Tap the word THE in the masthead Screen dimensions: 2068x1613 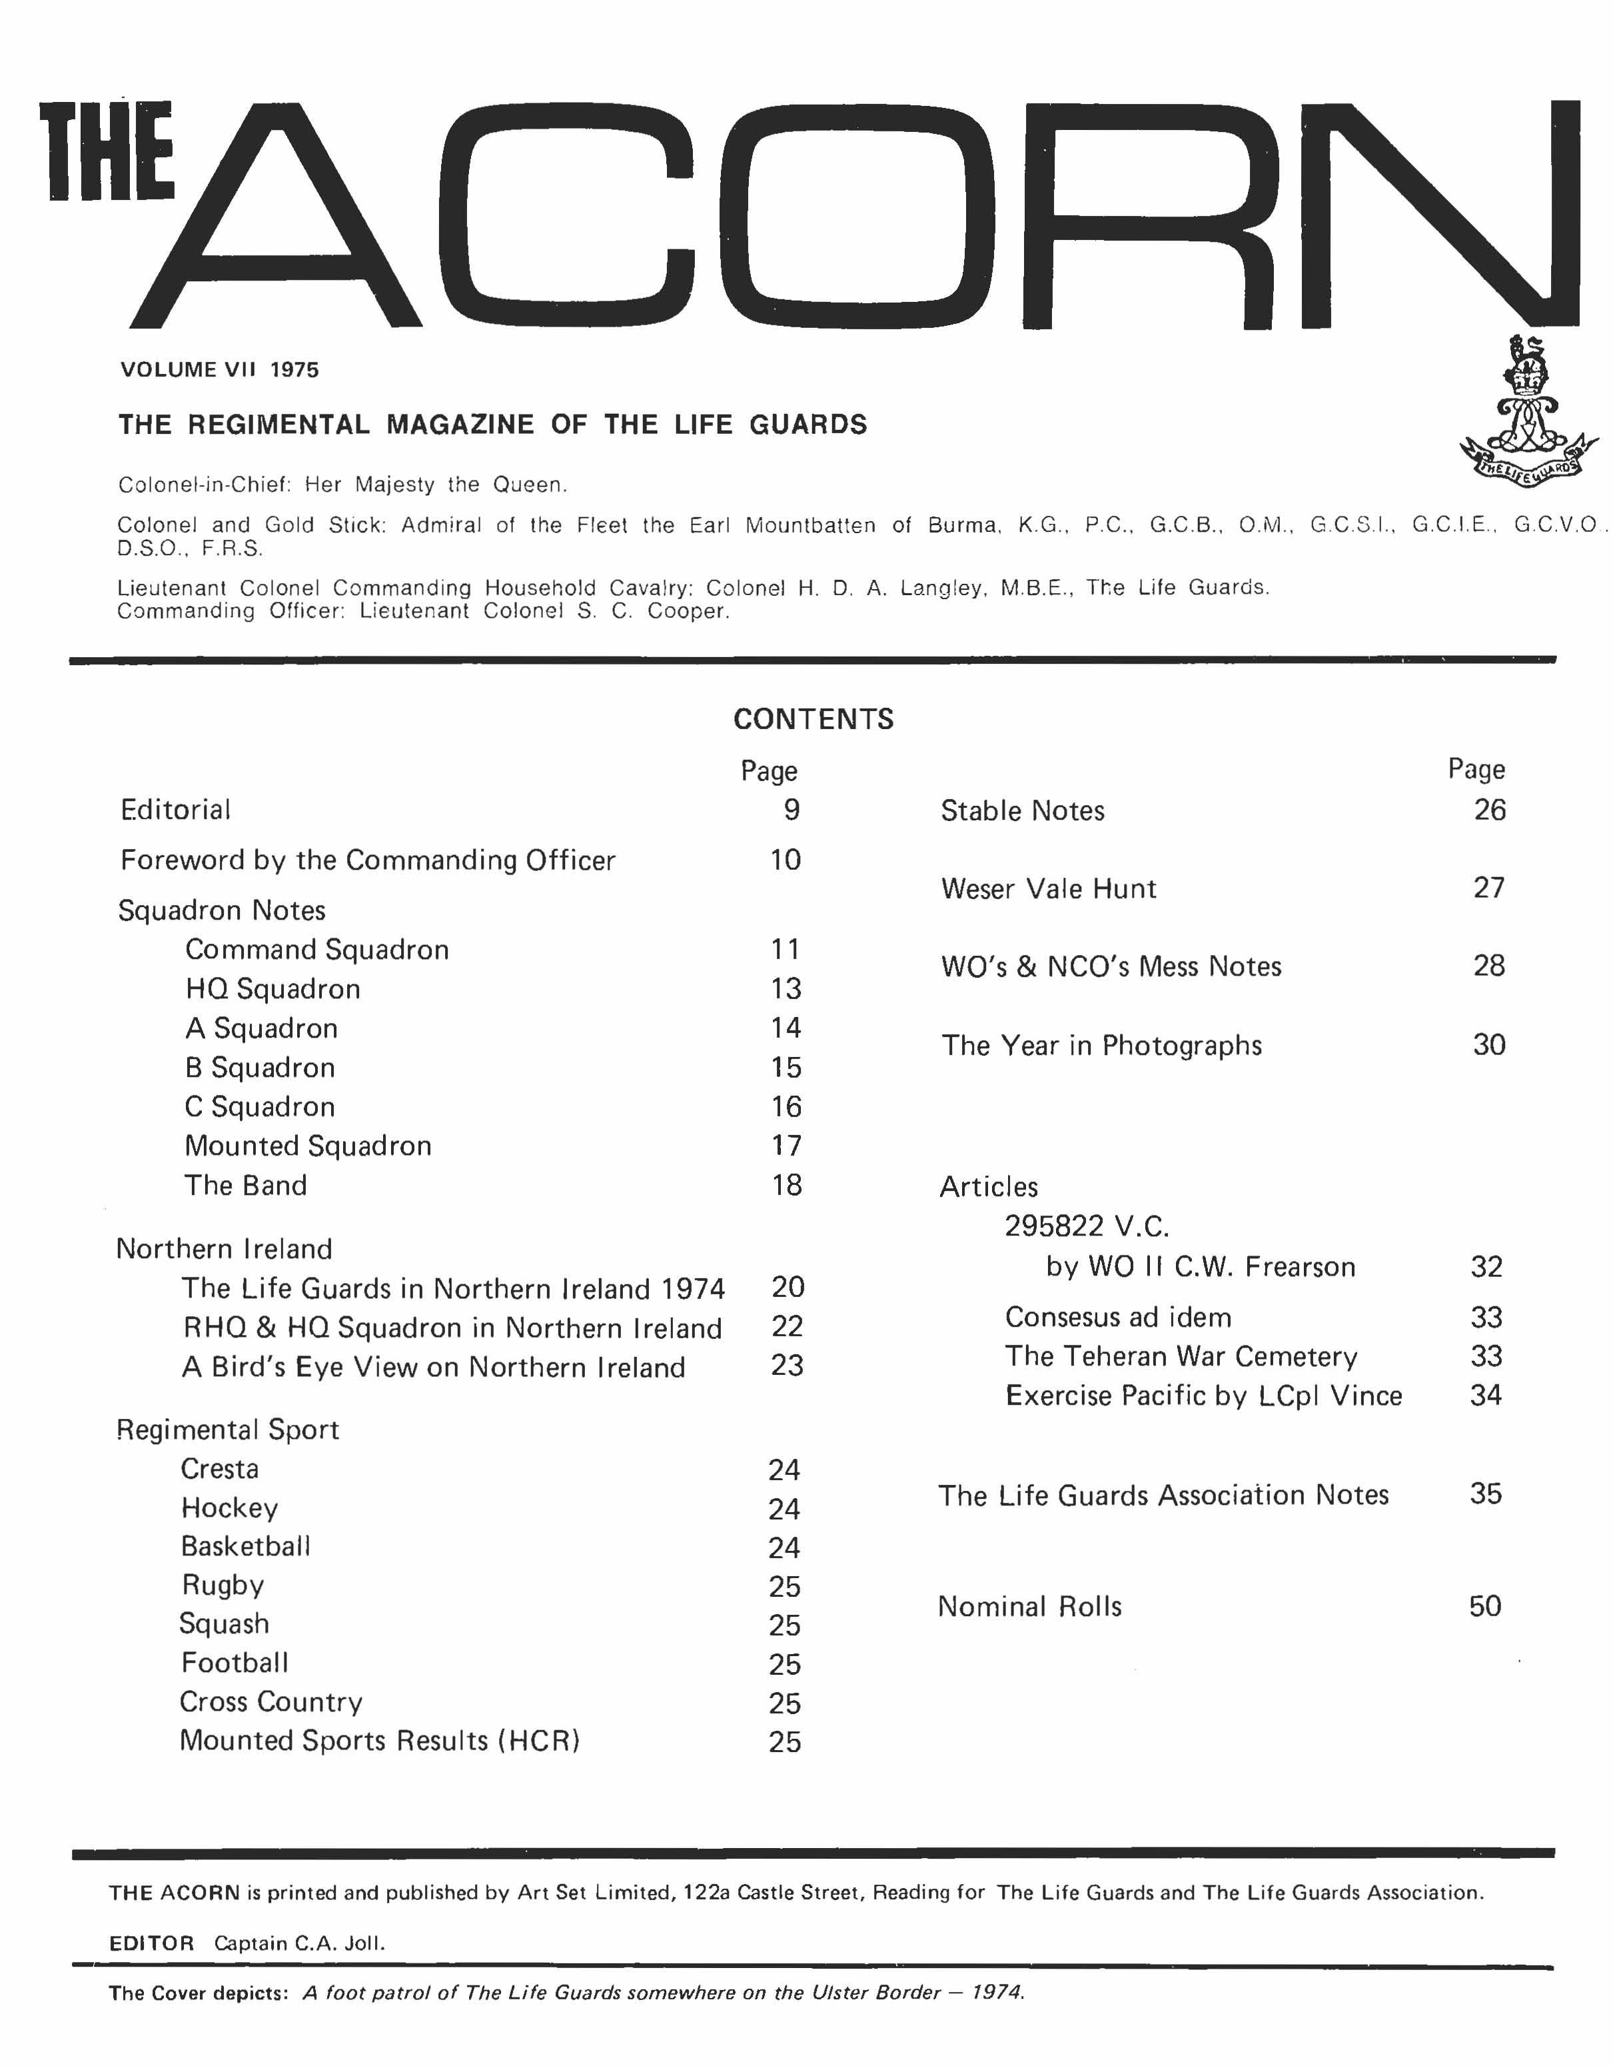pos(107,151)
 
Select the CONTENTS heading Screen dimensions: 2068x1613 pos(813,720)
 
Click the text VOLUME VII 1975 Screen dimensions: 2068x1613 pos(220,369)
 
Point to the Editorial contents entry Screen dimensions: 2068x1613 pos(175,810)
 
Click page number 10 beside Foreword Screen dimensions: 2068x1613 pos(786,860)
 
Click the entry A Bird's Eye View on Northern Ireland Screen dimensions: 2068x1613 pos(434,1368)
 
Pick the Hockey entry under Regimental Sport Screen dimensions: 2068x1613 pos(230,1508)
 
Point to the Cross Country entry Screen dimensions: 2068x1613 pos(270,1701)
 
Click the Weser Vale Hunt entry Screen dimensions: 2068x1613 pos(1049,888)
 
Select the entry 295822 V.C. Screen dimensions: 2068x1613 pos(1087,1226)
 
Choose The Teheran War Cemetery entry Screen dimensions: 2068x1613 pos(1181,1357)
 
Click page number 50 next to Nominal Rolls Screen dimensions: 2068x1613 pos(1485,1606)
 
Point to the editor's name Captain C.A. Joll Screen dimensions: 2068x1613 pos(299,1943)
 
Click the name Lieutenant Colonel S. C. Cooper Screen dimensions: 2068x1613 pos(544,612)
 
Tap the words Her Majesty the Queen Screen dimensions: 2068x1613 pos(436,485)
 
